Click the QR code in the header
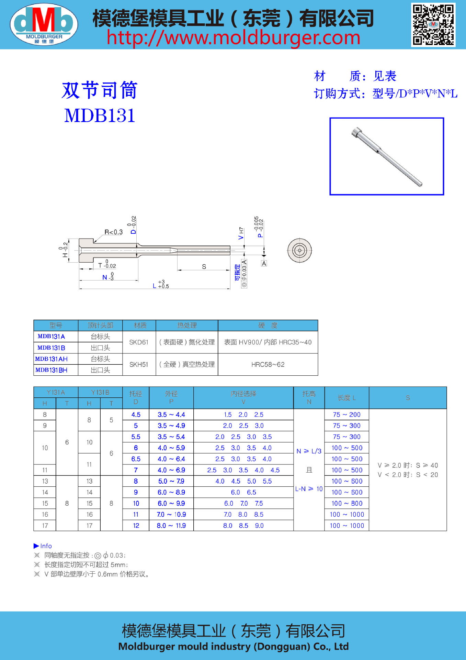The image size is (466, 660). click(433, 25)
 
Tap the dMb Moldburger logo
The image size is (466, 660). click(44, 24)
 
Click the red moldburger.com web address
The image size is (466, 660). click(234, 38)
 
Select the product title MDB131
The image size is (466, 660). click(100, 115)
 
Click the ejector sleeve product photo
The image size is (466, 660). click(387, 156)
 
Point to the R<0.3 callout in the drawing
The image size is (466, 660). click(113, 232)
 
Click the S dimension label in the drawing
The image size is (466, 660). click(204, 266)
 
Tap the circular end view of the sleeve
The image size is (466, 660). click(299, 250)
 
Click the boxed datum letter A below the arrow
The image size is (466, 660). click(264, 263)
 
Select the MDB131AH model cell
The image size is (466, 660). click(52, 359)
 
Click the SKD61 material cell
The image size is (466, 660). click(139, 342)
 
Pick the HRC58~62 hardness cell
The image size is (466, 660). click(268, 364)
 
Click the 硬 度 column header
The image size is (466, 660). click(268, 325)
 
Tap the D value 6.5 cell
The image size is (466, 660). click(136, 459)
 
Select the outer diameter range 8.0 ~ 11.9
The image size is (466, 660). click(171, 526)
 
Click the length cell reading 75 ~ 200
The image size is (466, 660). click(346, 415)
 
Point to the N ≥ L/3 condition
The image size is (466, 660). click(309, 451)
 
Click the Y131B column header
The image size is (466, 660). click(100, 392)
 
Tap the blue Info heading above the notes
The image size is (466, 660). click(43, 546)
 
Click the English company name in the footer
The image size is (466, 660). click(233, 647)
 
